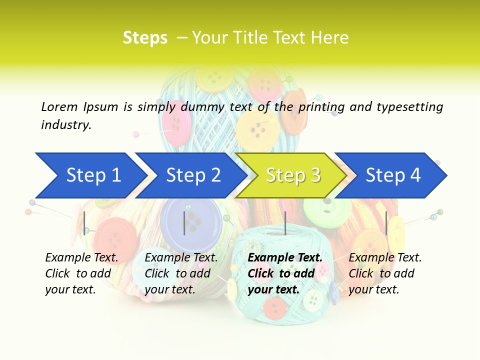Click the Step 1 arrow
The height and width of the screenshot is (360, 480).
[90, 175]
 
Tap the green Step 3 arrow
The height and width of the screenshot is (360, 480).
[292, 175]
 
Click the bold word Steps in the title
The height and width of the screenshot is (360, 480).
[145, 38]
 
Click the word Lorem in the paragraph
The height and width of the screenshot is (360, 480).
[59, 106]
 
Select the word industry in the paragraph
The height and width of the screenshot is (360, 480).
[66, 125]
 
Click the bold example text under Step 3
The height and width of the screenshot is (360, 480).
[284, 273]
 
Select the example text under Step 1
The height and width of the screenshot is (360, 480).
[81, 273]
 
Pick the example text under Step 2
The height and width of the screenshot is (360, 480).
[181, 273]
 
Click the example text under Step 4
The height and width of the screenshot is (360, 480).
[385, 273]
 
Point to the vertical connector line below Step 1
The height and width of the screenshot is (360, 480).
[84, 223]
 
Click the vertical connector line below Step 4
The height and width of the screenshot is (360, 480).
[386, 223]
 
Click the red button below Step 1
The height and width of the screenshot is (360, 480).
[116, 235]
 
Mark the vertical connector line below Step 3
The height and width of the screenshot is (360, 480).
[285, 223]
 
